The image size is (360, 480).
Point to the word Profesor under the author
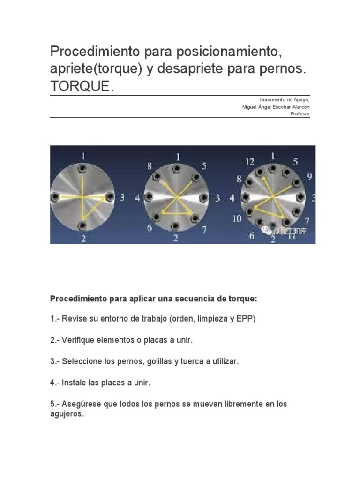300,114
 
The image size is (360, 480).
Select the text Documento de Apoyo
285,100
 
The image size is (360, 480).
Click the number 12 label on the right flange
249,162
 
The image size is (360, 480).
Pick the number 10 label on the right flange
237,219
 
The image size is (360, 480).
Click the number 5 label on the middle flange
204,165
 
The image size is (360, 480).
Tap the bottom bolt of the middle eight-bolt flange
176,226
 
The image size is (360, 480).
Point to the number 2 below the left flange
83,238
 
